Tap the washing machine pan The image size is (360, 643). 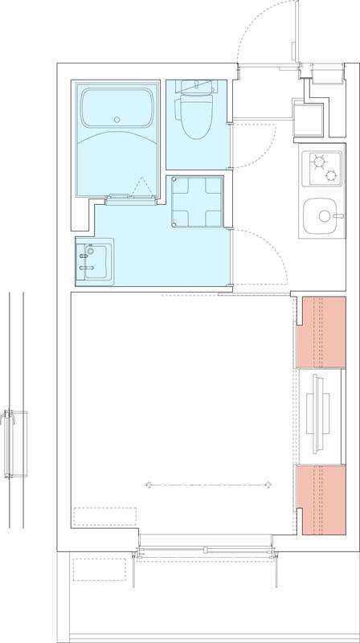pos(196,202)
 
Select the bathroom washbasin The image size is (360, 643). pos(96,261)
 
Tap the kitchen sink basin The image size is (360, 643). pos(322,216)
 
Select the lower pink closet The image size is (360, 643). pos(319,498)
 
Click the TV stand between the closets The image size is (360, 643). pos(319,415)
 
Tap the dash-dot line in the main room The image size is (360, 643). pos(207,484)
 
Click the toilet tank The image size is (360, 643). pos(193,87)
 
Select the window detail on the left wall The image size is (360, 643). pos(10,444)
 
